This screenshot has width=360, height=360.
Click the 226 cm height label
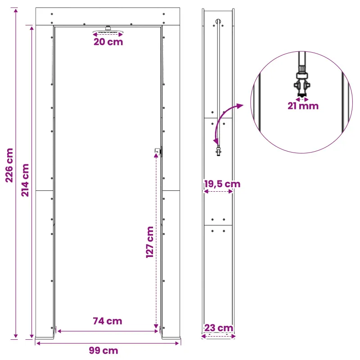click(9, 165)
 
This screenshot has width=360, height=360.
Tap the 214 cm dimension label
click(25, 180)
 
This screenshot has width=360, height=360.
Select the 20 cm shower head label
click(108, 42)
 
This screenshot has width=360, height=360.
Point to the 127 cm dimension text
click(150, 242)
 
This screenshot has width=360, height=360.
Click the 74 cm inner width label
click(108, 321)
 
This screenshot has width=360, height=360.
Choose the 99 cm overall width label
click(103, 351)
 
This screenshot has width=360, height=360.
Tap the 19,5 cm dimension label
click(222, 184)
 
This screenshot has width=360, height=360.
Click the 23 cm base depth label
click(219, 328)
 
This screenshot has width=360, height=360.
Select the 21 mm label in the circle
click(303, 106)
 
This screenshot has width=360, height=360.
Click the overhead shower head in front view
click(108, 31)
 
